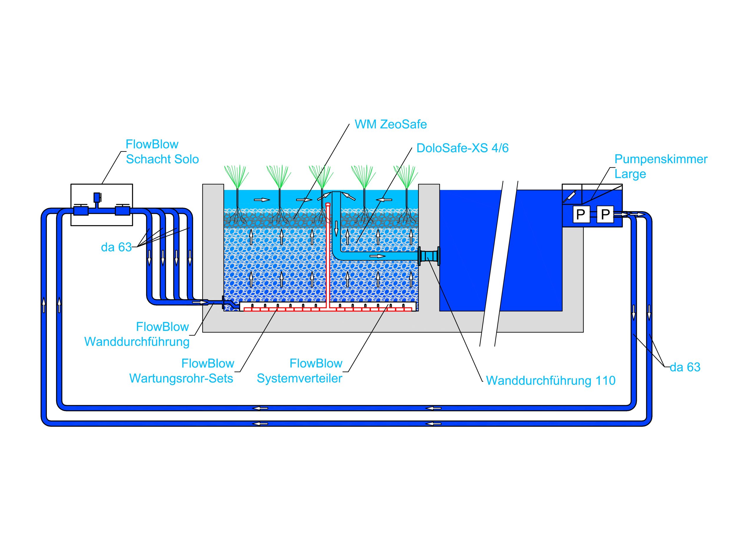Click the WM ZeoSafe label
(391, 125)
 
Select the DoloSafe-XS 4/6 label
(462, 148)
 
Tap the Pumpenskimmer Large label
(661, 166)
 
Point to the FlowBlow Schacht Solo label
(162, 152)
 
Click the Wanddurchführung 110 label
(551, 381)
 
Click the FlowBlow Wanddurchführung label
(137, 334)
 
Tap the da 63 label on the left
(116, 247)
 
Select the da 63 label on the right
(685, 367)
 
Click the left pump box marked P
(581, 214)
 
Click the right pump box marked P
(605, 214)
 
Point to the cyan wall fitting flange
(429, 256)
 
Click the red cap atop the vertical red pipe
(328, 204)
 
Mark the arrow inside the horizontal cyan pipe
(377, 256)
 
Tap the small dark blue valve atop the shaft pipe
(97, 197)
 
